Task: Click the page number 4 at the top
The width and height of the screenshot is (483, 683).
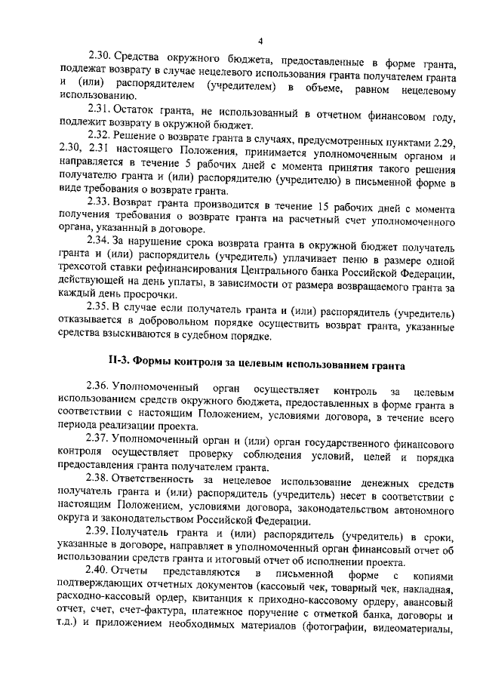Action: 259,41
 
